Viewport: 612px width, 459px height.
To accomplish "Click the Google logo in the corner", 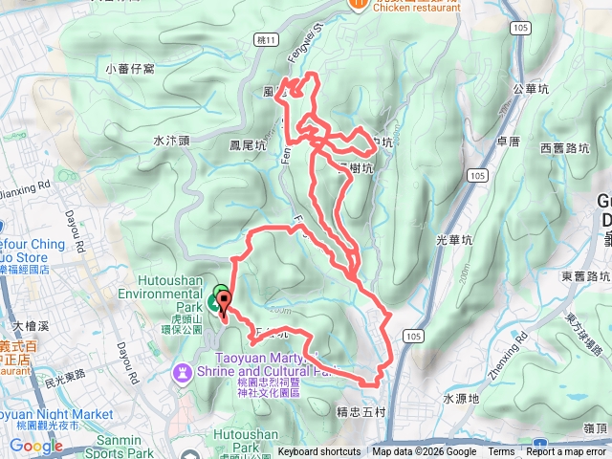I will (36, 446).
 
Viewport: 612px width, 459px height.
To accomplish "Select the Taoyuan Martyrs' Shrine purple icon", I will (182, 370).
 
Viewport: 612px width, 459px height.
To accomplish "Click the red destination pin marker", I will (225, 305).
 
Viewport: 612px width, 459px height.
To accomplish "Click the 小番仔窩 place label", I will (130, 69).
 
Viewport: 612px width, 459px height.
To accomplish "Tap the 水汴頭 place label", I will (172, 140).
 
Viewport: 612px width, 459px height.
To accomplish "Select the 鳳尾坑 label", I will (247, 145).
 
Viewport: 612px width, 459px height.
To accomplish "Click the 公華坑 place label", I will (532, 88).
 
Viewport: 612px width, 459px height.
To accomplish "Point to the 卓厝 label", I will (508, 141).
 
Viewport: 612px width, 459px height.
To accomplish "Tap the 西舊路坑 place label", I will (564, 148).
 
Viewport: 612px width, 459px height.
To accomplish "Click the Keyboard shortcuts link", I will (319, 452).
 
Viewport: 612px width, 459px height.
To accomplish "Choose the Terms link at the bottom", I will (501, 452).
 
